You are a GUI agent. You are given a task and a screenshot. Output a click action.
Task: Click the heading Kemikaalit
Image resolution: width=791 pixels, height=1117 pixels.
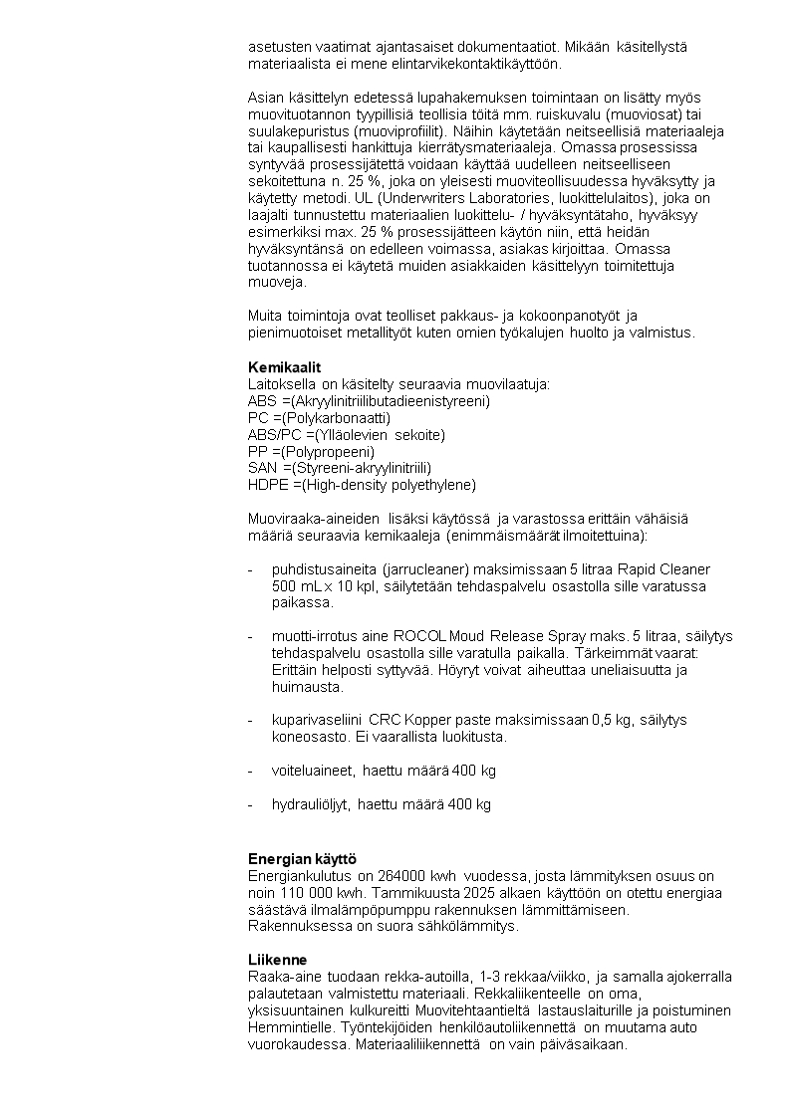[x=284, y=367]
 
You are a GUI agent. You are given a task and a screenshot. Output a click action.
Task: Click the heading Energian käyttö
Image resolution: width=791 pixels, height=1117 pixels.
[x=302, y=858]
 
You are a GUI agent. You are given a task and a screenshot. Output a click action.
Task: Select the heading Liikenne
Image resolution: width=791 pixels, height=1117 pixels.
[x=278, y=960]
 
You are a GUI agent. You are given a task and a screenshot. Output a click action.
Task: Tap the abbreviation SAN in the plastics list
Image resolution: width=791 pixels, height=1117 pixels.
[x=263, y=468]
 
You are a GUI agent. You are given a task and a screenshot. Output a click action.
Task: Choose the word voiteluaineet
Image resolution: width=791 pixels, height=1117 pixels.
[x=313, y=771]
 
